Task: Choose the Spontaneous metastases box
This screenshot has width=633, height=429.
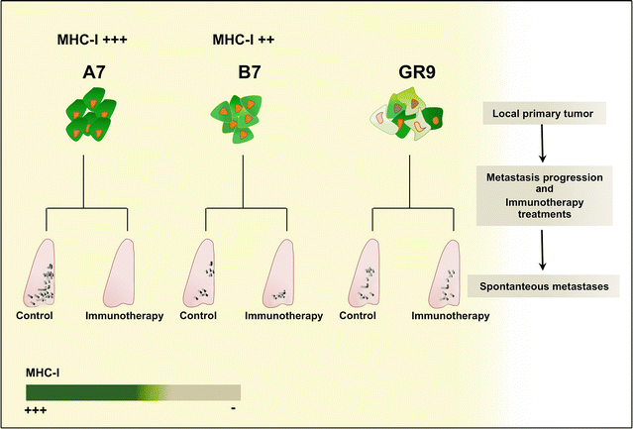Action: (543, 286)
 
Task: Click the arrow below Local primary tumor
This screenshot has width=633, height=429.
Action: (543, 147)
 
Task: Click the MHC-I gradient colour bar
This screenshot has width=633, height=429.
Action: (133, 391)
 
